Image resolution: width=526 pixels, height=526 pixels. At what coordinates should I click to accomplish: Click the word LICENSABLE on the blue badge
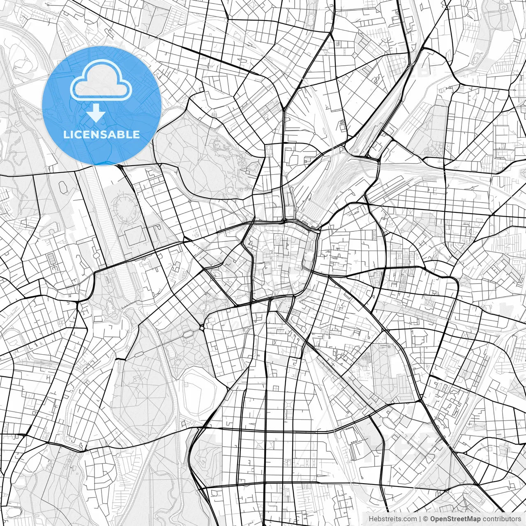point(102,134)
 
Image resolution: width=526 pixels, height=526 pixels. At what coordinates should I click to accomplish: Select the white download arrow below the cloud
point(96,112)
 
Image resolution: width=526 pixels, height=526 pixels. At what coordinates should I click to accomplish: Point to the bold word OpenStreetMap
point(455,519)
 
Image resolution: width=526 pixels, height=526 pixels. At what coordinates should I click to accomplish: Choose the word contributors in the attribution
point(501,519)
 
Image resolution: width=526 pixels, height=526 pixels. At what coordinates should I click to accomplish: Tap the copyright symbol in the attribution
point(426,519)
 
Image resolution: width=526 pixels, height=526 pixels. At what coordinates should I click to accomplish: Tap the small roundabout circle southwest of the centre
point(202,328)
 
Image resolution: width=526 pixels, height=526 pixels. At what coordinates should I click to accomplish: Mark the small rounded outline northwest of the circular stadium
point(63,187)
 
